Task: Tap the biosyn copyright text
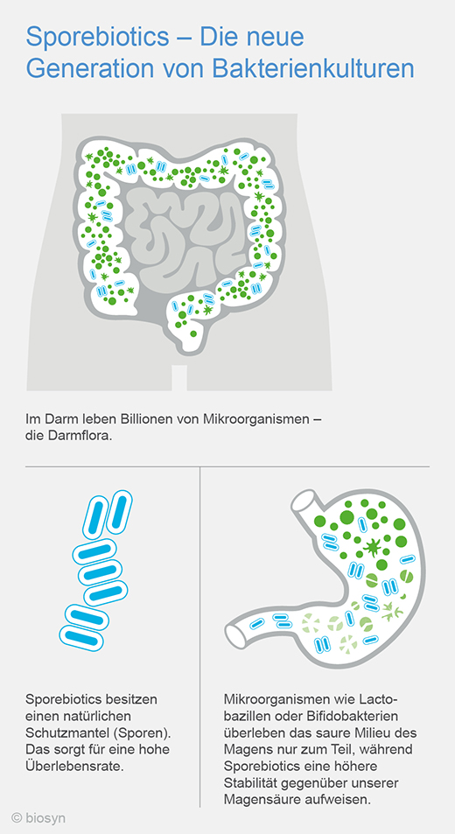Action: (38, 818)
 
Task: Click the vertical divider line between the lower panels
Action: (199, 637)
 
